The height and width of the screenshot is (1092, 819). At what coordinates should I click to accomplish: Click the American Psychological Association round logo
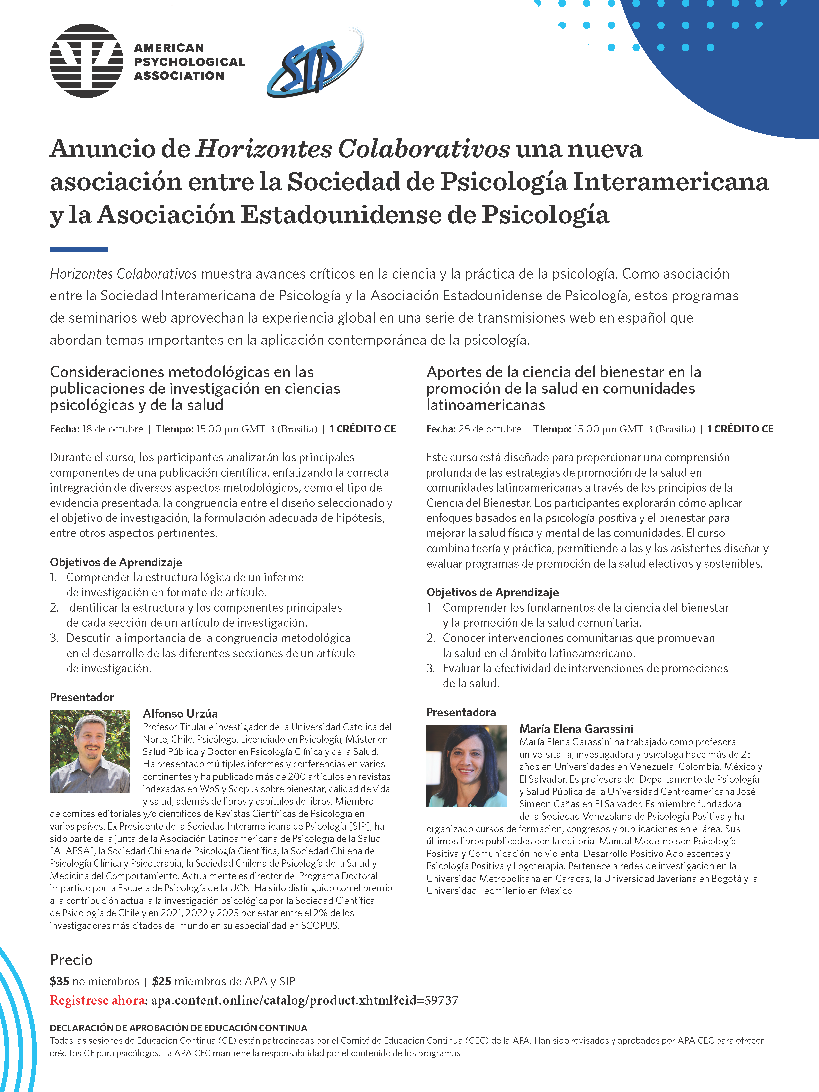point(86,61)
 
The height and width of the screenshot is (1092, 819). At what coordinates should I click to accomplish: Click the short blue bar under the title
point(78,249)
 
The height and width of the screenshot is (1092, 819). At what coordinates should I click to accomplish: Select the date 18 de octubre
point(112,429)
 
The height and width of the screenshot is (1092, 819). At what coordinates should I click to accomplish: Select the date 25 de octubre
point(489,429)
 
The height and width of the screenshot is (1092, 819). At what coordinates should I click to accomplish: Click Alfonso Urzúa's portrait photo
point(90,751)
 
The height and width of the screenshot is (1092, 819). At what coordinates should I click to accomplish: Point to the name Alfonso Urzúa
point(180,713)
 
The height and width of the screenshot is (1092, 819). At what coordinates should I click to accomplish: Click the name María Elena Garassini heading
point(576,729)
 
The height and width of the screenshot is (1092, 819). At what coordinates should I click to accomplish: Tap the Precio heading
point(71,960)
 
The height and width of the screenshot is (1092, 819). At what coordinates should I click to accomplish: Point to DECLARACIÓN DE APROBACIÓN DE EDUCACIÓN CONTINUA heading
point(178,1028)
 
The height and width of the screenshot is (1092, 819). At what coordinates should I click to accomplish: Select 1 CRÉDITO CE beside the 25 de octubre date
point(740,429)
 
